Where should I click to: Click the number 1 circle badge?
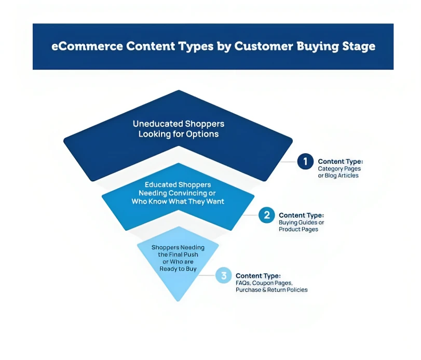305,162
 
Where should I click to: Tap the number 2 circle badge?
267,215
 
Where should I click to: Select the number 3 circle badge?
223,275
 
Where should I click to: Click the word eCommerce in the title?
87,46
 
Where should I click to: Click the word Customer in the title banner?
264,46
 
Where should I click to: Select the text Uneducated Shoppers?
179,124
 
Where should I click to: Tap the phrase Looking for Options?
179,134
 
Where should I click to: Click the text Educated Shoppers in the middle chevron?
178,185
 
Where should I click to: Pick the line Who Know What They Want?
178,202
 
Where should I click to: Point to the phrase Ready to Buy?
178,269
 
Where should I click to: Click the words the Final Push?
178,255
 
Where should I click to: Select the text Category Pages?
339,169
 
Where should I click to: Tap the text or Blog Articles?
338,176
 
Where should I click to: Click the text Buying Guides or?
301,223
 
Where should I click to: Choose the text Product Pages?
298,230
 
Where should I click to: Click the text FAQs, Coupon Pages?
264,283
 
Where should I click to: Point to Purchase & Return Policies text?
271,290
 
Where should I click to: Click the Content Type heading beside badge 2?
301,216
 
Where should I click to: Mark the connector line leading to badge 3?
207,275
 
